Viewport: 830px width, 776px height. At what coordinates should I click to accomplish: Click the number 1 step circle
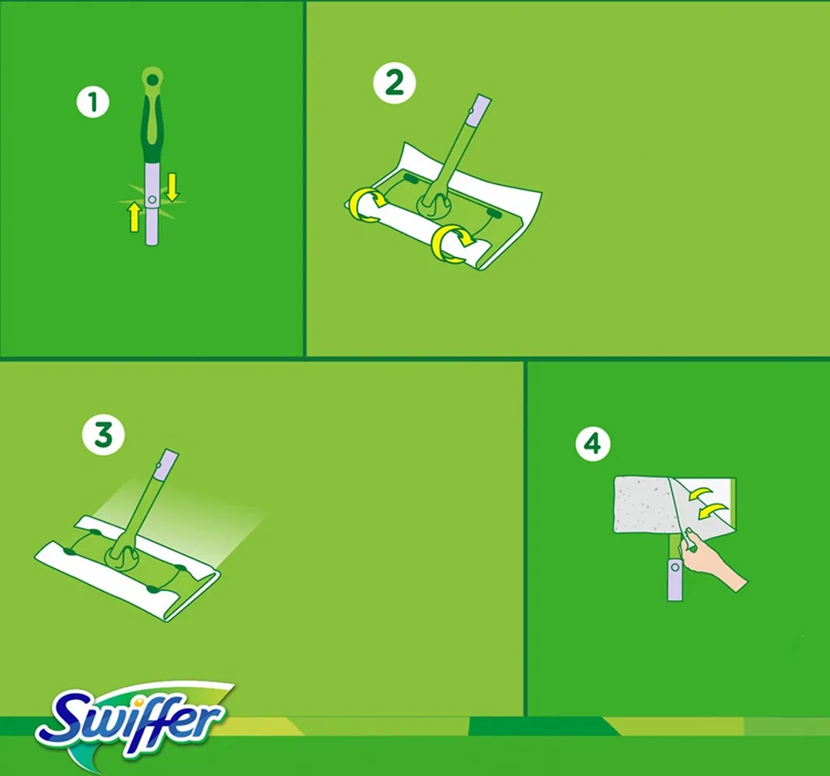click(x=93, y=102)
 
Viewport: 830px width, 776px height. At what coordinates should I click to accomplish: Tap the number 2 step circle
click(x=395, y=84)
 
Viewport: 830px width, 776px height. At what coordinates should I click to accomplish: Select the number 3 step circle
click(x=104, y=435)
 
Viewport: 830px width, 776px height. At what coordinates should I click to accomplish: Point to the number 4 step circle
click(x=593, y=444)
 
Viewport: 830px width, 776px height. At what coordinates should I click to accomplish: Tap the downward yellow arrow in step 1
click(x=173, y=188)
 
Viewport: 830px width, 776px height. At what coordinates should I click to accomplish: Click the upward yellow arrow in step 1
click(x=134, y=217)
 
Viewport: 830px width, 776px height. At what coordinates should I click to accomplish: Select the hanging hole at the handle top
click(x=152, y=79)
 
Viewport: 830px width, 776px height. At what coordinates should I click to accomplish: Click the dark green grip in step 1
click(x=152, y=130)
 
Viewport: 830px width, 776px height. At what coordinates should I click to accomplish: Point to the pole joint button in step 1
click(x=152, y=199)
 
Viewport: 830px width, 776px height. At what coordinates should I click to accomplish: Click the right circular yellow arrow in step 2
click(x=451, y=243)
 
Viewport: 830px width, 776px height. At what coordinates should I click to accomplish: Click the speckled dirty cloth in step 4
click(x=647, y=504)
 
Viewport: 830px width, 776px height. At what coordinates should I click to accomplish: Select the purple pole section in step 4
click(x=675, y=580)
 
